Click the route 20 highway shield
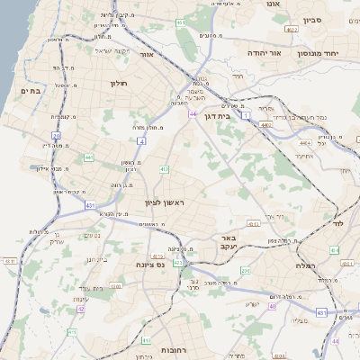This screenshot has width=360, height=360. click(x=56, y=136)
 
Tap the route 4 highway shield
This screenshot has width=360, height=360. click(x=141, y=140)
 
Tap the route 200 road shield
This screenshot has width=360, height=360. click(x=247, y=269)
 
